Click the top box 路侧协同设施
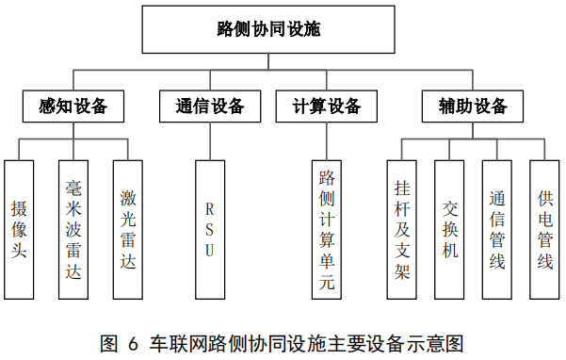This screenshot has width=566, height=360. click(268, 29)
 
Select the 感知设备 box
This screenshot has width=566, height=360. click(73, 106)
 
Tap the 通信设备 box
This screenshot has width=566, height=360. click(210, 106)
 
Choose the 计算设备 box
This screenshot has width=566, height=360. click(327, 106)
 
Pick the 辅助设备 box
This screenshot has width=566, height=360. click(473, 106)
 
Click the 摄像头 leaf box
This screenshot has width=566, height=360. click(19, 230)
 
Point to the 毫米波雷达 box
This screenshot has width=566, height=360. click(73, 230)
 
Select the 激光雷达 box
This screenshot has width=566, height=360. click(128, 230)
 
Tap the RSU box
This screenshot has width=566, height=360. click(210, 230)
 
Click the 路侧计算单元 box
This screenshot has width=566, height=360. click(327, 230)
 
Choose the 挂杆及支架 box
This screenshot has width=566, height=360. click(402, 230)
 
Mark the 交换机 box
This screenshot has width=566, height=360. click(449, 230)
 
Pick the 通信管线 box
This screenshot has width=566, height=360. click(497, 230)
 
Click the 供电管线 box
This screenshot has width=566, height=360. click(544, 230)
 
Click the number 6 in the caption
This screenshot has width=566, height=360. click(133, 344)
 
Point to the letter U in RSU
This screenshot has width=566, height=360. click(210, 251)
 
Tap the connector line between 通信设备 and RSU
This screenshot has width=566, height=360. click(210, 141)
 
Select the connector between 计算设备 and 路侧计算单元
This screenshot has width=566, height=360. click(327, 141)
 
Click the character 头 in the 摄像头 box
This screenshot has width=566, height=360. click(19, 250)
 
